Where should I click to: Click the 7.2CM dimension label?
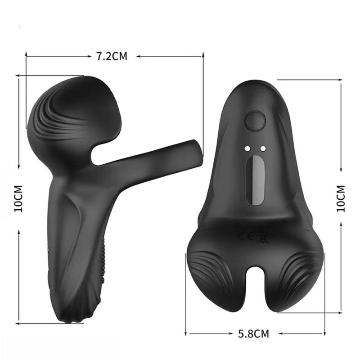click(112, 56)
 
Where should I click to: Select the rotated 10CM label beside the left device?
click(18, 198)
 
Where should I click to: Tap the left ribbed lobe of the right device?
click(211, 274)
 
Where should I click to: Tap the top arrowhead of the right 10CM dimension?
click(341, 83)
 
